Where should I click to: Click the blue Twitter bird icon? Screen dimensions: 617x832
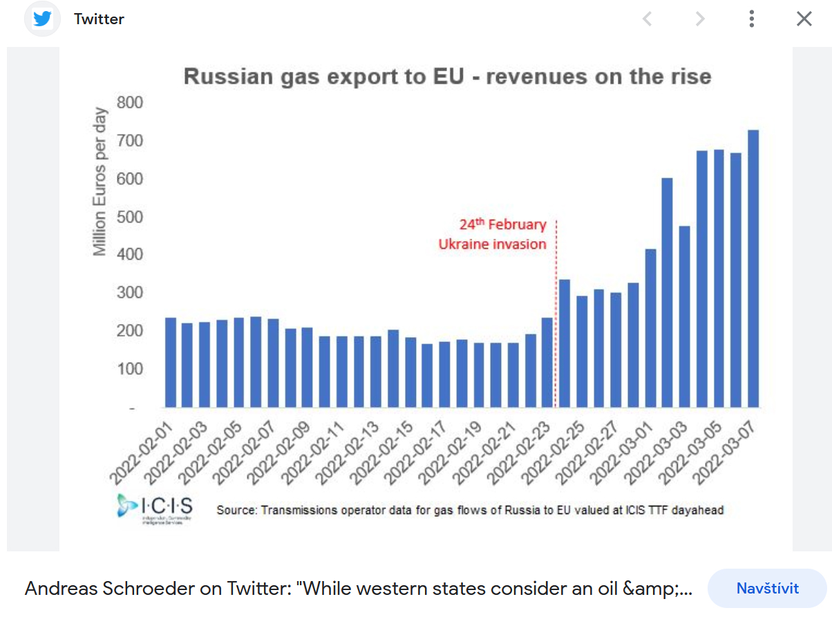pos(42,19)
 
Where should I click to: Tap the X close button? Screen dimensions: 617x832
pos(804,19)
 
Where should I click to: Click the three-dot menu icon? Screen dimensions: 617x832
pos(751,19)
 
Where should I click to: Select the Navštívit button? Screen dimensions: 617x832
pos(767,589)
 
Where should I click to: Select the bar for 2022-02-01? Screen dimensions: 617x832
pos(171,362)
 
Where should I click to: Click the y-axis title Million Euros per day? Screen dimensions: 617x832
pos(101,181)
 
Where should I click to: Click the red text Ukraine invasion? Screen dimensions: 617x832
pos(492,245)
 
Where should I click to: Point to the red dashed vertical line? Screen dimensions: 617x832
pos(556,311)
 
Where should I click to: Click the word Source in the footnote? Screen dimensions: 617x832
pos(236,511)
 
